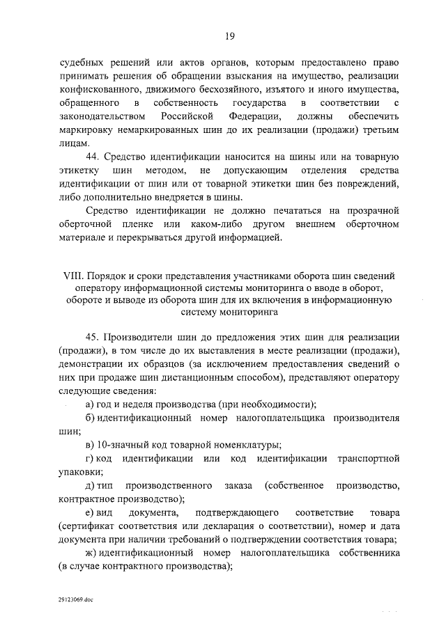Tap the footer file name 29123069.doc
76,598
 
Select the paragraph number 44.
92,155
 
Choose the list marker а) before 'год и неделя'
90,404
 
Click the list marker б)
90,417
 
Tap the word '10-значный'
121,444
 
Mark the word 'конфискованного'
102,88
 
